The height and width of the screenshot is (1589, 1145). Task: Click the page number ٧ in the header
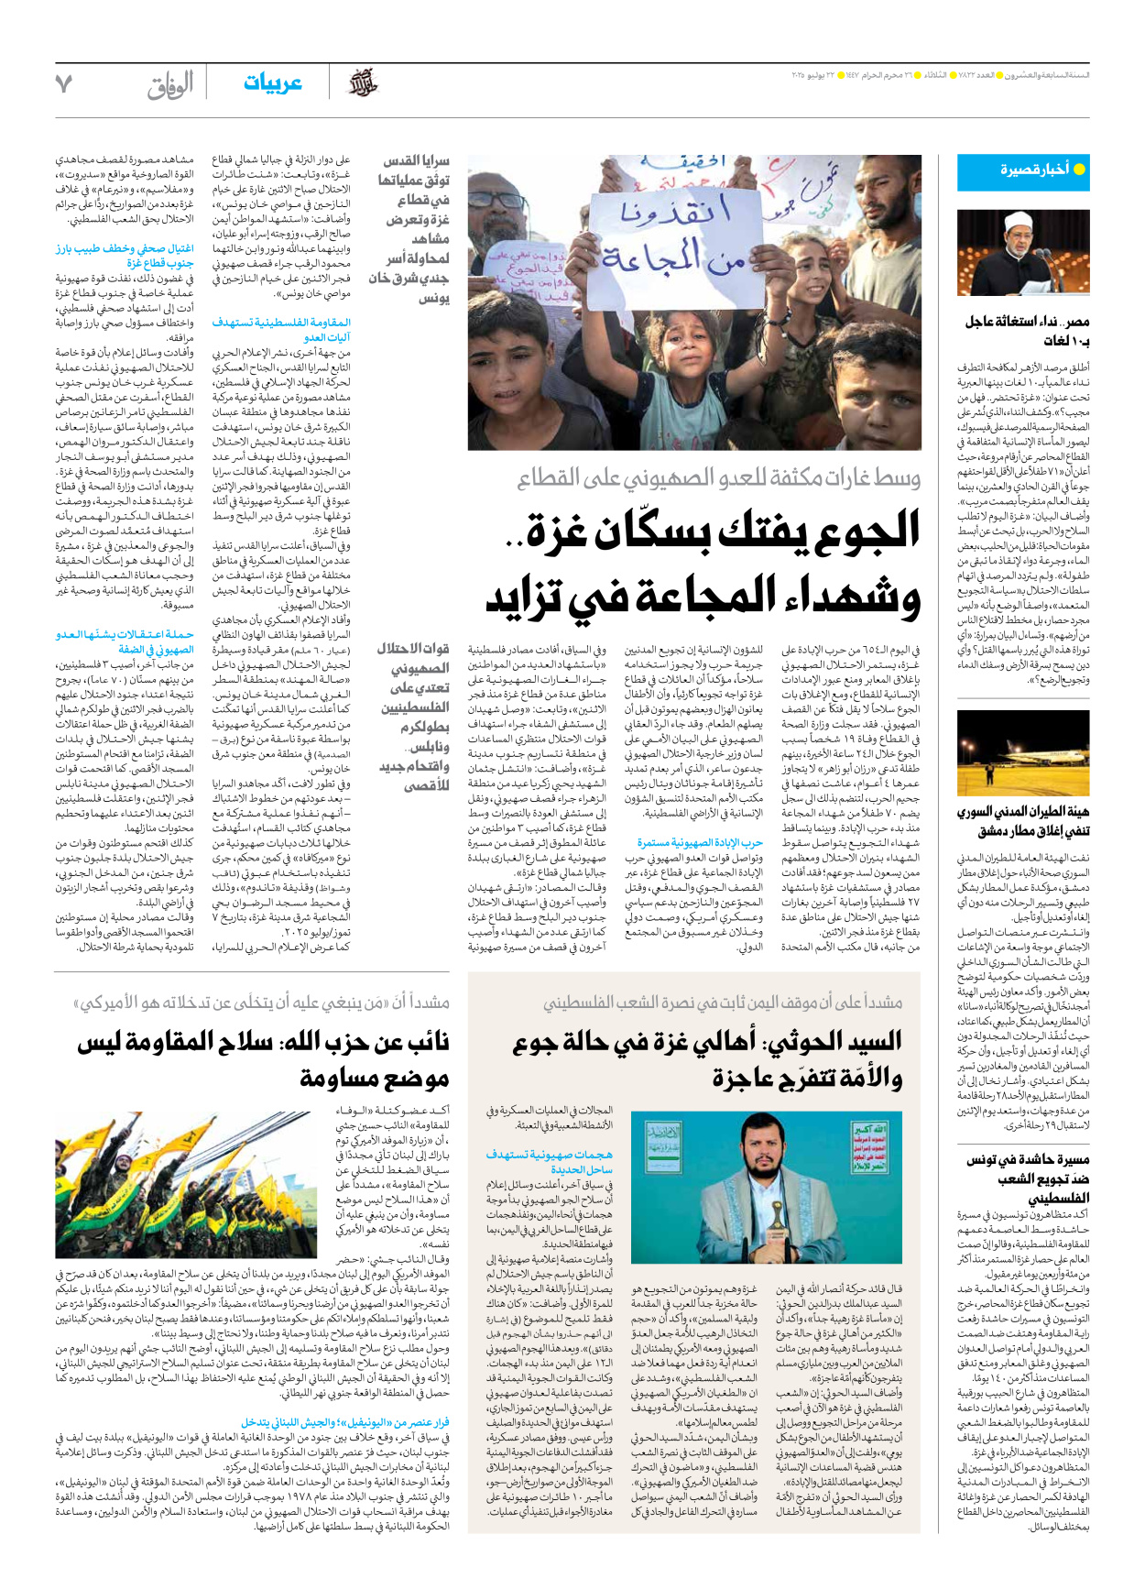click(x=63, y=83)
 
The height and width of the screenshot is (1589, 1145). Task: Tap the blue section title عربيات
click(x=273, y=83)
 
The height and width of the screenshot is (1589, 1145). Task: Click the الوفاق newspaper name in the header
click(x=170, y=85)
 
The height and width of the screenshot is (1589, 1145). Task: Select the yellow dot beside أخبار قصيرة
click(x=1079, y=170)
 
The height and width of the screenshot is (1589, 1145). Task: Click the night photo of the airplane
click(x=1022, y=752)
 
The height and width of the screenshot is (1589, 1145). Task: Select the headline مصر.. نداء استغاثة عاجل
click(x=1027, y=330)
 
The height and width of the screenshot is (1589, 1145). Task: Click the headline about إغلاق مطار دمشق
click(x=1022, y=821)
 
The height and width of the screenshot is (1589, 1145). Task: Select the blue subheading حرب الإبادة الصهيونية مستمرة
click(x=700, y=842)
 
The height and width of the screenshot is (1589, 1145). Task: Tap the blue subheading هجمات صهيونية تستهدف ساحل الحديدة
click(x=549, y=1162)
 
